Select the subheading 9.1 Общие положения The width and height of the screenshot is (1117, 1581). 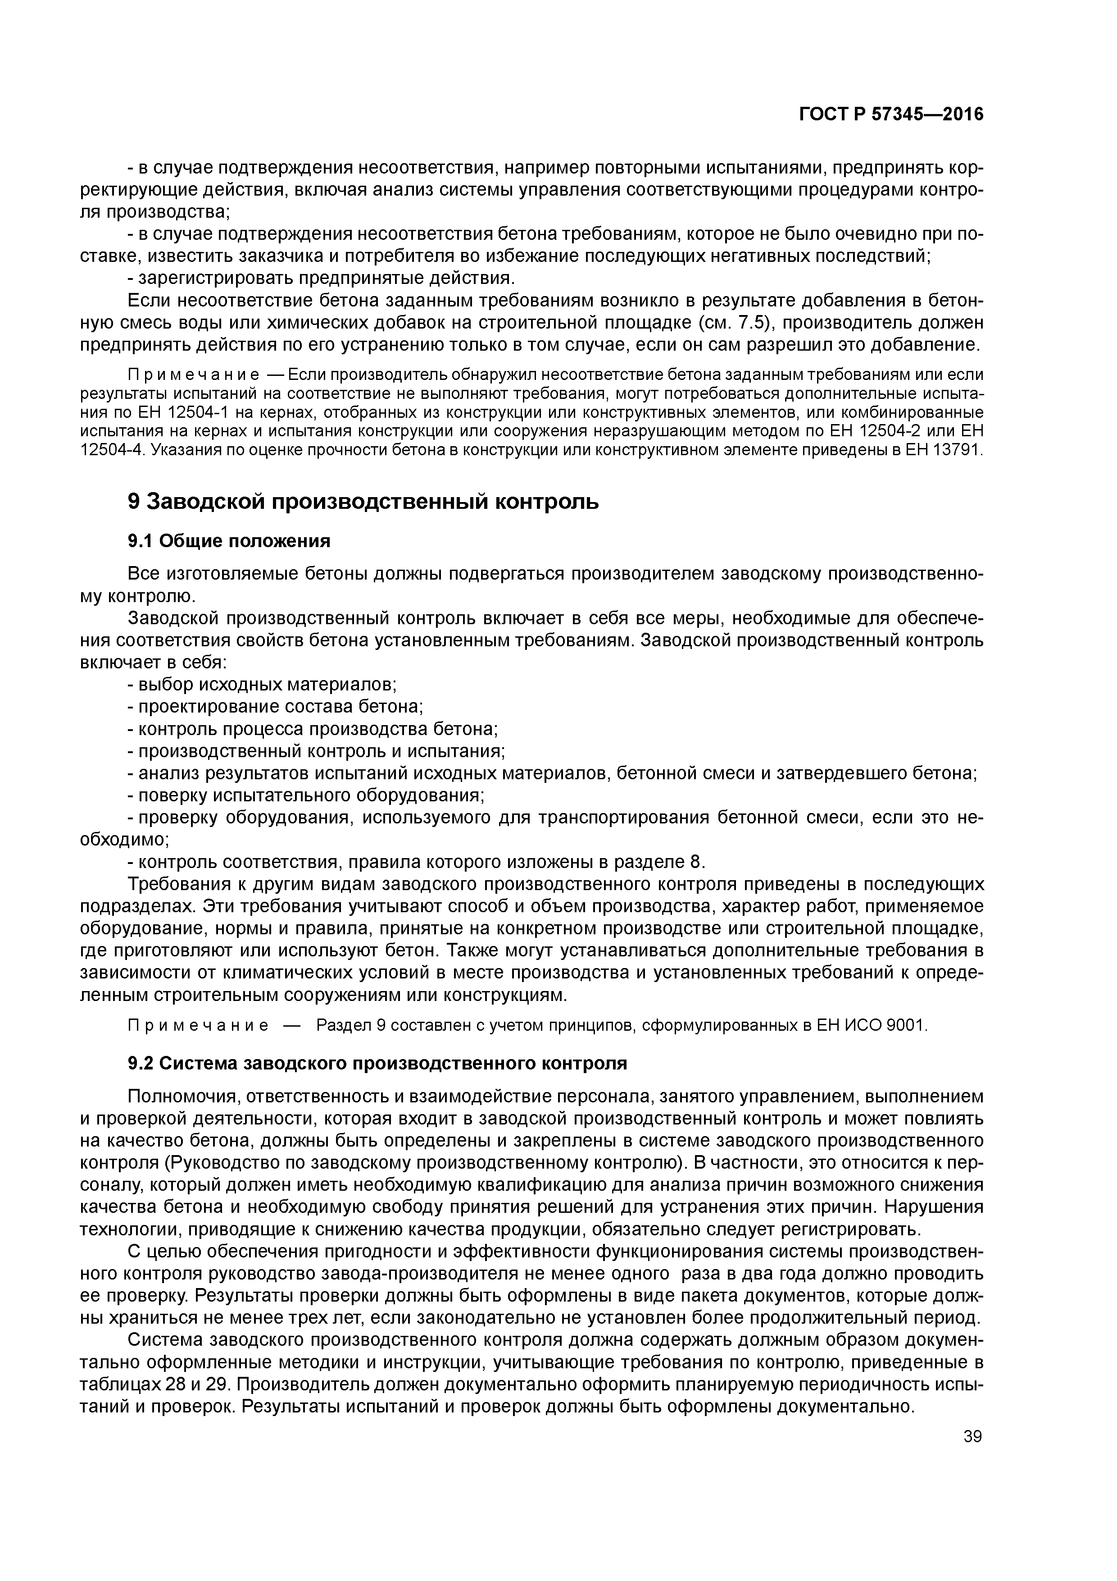[229, 541]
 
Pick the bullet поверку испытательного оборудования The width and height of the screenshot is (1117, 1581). [310, 795]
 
